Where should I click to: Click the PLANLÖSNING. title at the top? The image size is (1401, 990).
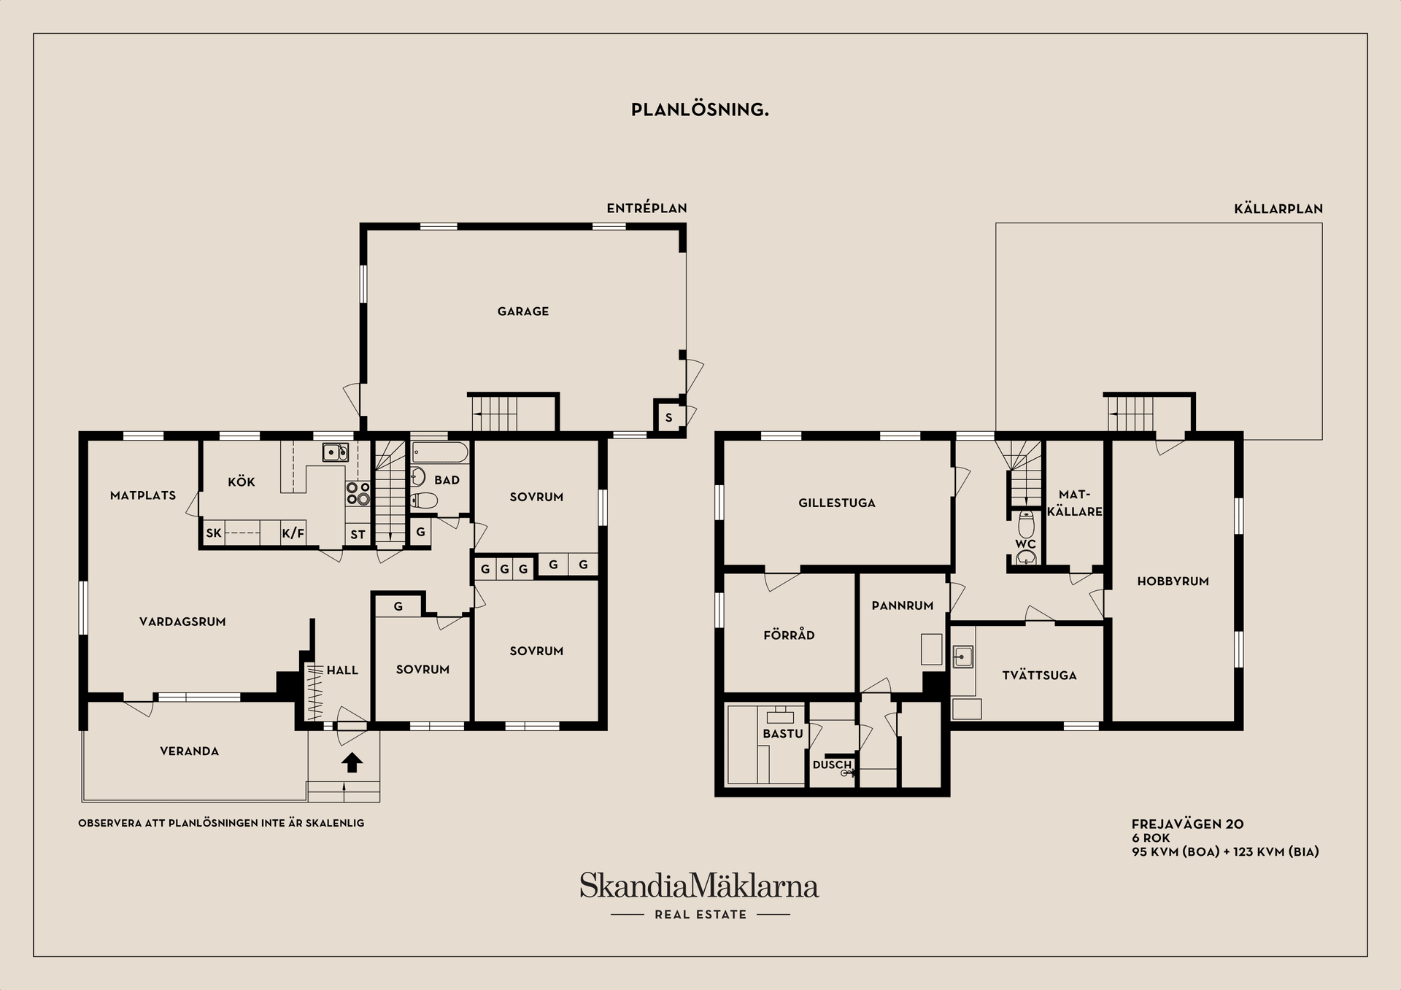(700, 109)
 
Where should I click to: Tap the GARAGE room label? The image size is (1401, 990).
(522, 312)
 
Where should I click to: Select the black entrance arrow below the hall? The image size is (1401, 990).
(352, 762)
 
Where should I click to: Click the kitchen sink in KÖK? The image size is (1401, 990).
(335, 452)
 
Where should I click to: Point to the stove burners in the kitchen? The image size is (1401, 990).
(358, 494)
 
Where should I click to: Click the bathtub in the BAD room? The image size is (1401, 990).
(439, 452)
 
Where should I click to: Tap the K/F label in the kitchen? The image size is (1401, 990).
(293, 533)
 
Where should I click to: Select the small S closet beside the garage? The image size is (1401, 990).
(668, 418)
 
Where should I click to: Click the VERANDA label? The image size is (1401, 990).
(189, 751)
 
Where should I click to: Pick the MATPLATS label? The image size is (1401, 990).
(143, 495)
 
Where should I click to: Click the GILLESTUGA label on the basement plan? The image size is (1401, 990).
(836, 503)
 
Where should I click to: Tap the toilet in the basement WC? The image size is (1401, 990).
(1026, 525)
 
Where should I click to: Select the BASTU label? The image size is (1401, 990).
(782, 734)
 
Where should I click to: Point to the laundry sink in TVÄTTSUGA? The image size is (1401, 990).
(962, 657)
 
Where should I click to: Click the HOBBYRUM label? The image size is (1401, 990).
(1173, 581)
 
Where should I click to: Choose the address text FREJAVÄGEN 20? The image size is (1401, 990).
(1187, 824)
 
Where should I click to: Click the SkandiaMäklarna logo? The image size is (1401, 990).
(699, 886)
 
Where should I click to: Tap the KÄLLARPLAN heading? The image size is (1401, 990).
(1278, 209)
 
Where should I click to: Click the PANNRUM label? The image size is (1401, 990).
(902, 606)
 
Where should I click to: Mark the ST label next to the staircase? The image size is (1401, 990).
(358, 535)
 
